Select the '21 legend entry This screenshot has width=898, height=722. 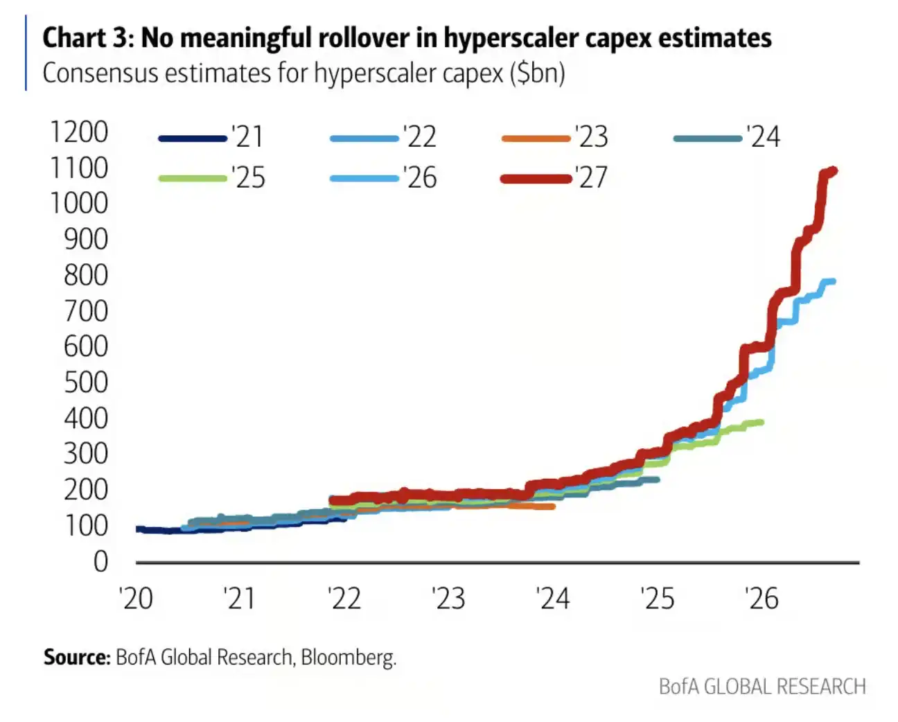(211, 137)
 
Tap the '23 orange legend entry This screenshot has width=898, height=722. (554, 137)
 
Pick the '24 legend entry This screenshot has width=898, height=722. (726, 137)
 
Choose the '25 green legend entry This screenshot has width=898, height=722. (211, 178)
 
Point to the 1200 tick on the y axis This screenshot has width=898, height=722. (79, 132)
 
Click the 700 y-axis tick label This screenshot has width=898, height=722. (86, 311)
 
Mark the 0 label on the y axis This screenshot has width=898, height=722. (101, 562)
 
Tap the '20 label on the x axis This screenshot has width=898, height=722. (136, 599)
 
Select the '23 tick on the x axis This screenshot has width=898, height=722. (448, 599)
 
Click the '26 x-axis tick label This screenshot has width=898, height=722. (762, 599)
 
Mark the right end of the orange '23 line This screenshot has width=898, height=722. (552, 507)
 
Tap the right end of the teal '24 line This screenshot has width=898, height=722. (658, 480)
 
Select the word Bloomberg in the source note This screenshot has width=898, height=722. (349, 658)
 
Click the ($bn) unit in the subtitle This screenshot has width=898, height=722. (538, 73)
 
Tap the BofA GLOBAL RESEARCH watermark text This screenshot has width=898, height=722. (762, 687)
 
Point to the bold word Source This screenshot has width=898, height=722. (77, 658)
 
